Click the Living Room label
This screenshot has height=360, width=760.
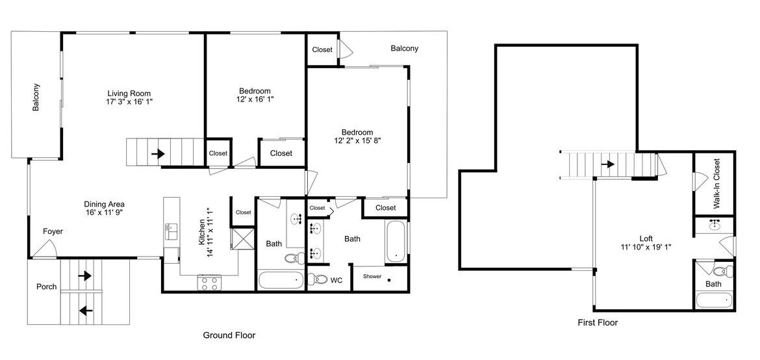coord(129,94)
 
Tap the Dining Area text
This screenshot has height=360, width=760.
coord(104,204)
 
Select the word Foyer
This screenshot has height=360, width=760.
coord(53,231)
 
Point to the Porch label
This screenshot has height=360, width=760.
coord(47,287)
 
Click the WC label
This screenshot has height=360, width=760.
coord(336,281)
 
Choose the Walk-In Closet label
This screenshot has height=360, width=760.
coord(716,183)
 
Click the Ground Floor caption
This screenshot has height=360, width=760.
coord(229,335)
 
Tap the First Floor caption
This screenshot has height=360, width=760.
coord(598,322)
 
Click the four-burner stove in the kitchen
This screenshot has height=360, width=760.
coord(209,283)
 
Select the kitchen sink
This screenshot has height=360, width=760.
coord(171,231)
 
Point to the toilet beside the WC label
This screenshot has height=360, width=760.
coord(318,279)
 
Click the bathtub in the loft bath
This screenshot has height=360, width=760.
coord(714,300)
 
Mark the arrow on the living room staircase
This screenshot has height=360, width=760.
coord(158,154)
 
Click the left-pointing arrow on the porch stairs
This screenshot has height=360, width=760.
coord(86,310)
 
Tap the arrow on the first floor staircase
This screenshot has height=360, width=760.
coord(608,164)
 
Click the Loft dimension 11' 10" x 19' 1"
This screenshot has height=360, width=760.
coord(646,247)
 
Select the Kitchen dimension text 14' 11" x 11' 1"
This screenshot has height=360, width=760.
coord(209,232)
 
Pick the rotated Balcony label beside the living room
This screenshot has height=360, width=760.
coord(36,97)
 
